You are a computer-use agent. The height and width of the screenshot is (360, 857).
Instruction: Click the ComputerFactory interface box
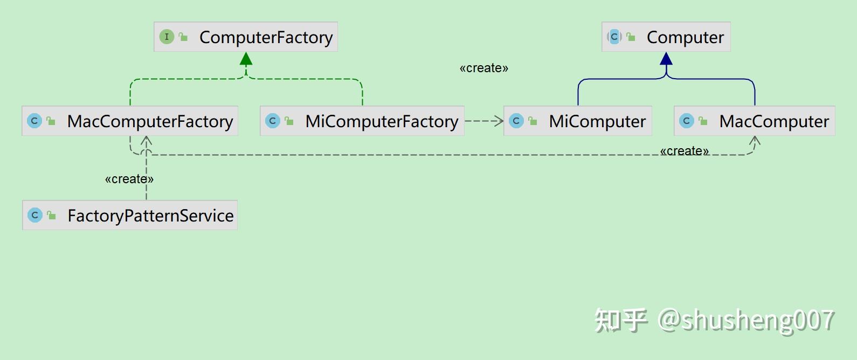pos(246,37)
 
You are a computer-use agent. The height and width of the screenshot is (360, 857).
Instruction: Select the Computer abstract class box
pos(666,37)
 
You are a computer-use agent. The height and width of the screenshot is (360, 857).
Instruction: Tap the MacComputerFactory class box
pos(130,121)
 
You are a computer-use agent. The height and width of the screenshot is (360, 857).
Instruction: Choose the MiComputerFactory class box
pos(362,121)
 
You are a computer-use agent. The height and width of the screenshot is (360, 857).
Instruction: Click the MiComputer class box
pos(578,121)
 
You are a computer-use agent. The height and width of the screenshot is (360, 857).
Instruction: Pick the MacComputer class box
pos(755,121)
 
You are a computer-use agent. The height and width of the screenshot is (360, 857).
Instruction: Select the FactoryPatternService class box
pos(130,215)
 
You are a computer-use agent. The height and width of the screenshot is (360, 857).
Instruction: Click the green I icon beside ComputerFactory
pos(167,37)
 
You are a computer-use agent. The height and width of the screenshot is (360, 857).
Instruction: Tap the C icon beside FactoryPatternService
pos(34,215)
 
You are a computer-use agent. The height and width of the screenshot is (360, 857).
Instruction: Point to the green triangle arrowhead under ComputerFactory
pos(246,59)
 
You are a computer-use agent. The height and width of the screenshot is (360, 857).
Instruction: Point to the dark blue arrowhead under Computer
pos(666,59)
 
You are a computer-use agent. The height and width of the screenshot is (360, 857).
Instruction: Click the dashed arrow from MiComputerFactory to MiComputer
pos(483,121)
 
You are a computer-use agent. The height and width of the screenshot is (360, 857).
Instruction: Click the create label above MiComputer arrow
pos(483,68)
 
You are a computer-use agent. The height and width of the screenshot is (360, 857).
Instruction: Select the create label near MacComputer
pos(684,151)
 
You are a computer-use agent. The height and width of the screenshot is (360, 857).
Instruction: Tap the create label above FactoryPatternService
pos(129,179)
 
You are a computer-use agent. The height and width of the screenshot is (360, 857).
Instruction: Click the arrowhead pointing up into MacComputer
pos(755,141)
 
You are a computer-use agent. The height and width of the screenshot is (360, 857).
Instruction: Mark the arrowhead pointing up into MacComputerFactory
pos(147,141)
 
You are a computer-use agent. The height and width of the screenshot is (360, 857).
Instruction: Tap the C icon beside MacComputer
pos(686,121)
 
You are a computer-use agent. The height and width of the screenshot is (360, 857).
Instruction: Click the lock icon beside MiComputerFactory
pos(289,121)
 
